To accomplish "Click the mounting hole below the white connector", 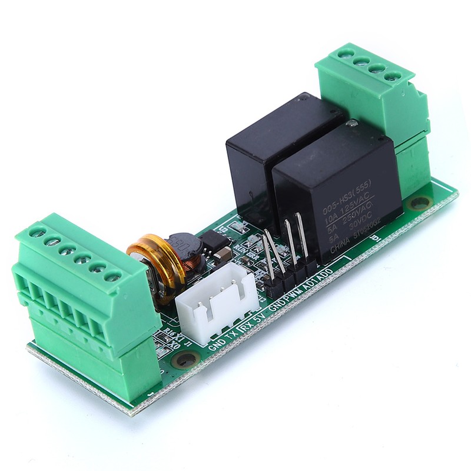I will coord(187,357).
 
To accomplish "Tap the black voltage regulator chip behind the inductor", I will coord(209,241).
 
